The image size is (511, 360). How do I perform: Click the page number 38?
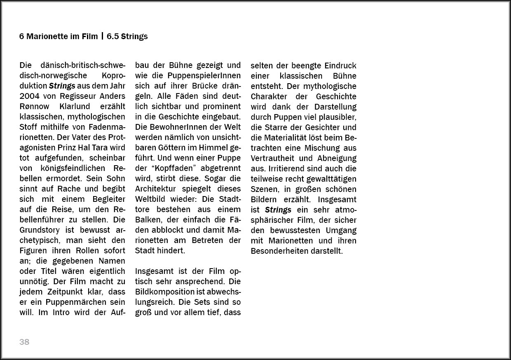coord(24,342)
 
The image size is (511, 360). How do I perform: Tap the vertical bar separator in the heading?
coord(102,37)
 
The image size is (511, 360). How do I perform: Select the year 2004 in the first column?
coord(30,96)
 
